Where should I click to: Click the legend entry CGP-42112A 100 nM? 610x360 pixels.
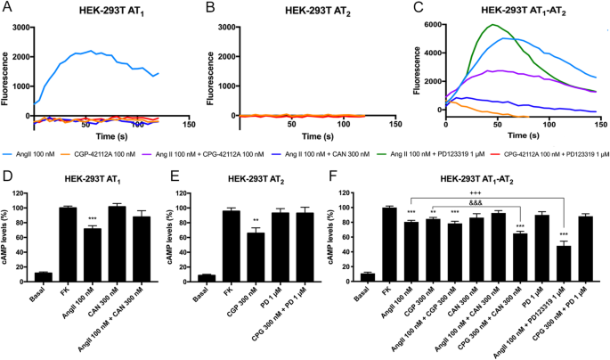coord(131,153)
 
